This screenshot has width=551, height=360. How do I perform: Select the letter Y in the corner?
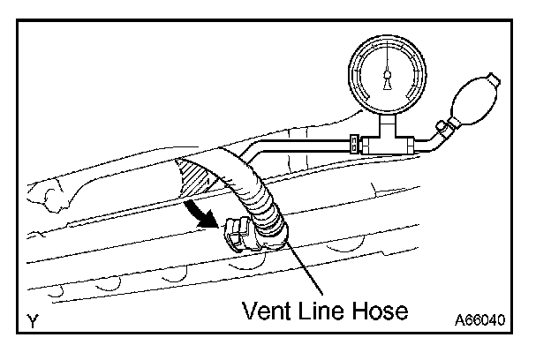tap(33, 323)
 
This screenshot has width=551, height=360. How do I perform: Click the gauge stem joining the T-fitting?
tap(387, 121)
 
